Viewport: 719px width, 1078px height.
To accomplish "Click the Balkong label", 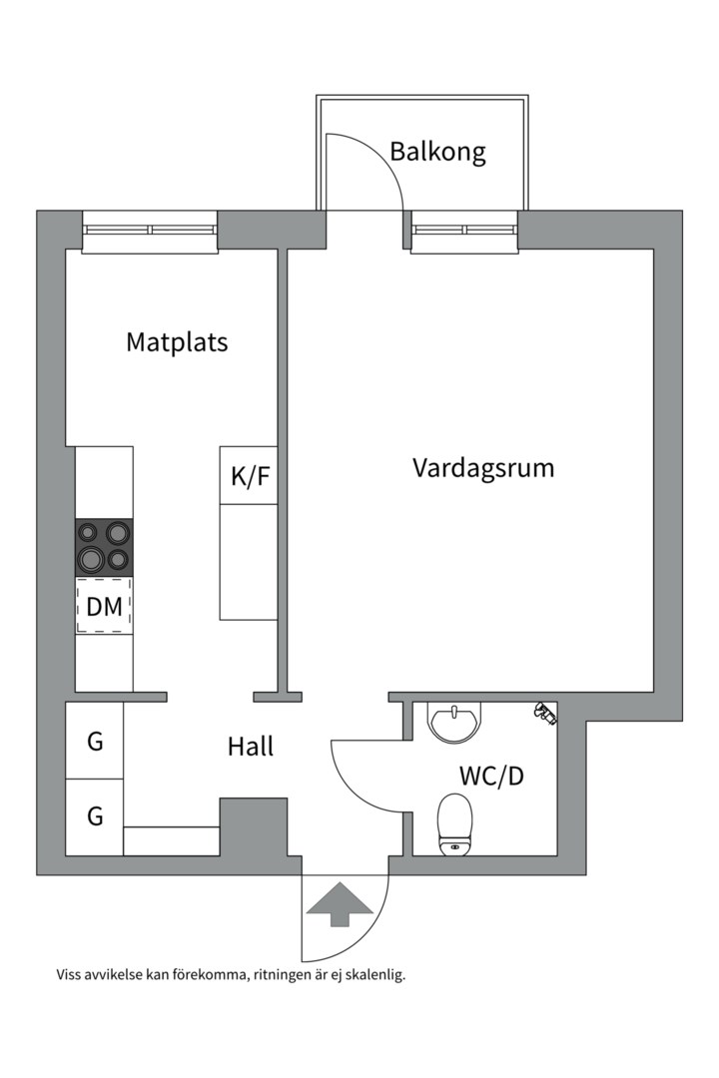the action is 437,152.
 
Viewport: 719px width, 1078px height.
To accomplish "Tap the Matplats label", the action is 177,341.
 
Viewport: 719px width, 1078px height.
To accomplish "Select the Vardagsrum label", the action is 483,468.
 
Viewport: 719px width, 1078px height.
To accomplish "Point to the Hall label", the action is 251,746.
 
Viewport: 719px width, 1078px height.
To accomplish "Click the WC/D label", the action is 491,776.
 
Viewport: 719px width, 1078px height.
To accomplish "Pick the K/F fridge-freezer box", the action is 249,475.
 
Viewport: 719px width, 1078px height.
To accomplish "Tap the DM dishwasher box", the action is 104,606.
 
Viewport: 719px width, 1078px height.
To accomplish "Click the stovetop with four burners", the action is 104,548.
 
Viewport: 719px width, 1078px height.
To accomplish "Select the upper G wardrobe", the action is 94,741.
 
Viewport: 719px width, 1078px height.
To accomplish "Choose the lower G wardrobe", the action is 94,817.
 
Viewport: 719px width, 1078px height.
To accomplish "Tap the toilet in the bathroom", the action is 454,824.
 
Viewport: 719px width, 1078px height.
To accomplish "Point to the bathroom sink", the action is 454,722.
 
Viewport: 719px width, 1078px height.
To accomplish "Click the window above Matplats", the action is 150,232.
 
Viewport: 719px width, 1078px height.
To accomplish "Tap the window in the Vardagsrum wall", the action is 464,232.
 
